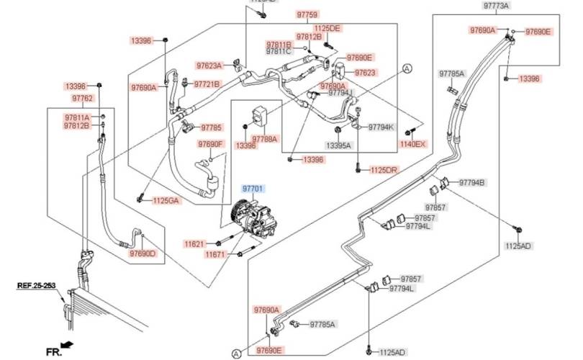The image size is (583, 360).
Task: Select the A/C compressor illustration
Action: [258, 220]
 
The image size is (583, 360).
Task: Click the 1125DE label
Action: [327, 28]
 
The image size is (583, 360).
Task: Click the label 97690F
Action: [212, 144]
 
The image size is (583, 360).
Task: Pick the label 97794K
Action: [381, 127]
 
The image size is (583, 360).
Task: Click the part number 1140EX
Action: [413, 144]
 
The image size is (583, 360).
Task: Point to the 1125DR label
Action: [384, 170]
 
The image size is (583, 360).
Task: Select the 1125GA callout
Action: [166, 200]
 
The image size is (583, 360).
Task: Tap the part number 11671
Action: [215, 255]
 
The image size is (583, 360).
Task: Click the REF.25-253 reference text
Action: [37, 285]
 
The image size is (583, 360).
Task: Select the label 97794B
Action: [472, 182]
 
